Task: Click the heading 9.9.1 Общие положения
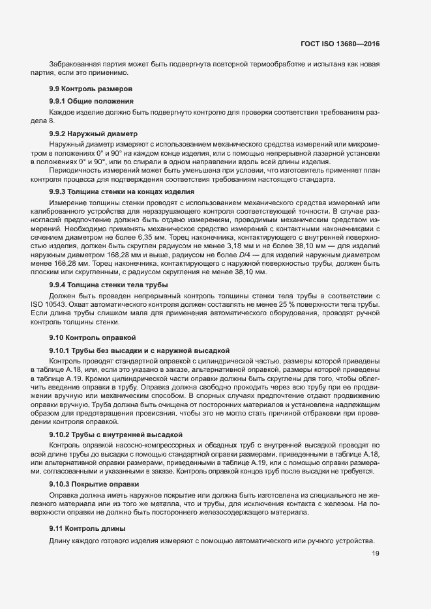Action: pos(92,101)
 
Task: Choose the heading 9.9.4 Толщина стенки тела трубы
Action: pos(108,285)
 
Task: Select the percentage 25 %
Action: pos(310,305)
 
